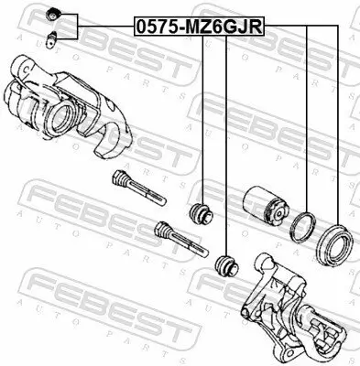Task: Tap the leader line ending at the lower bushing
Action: click(225, 146)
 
